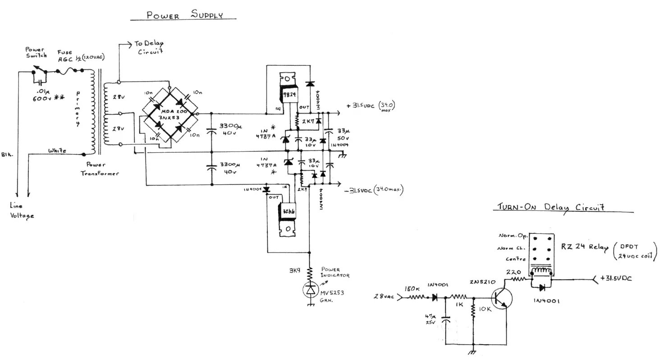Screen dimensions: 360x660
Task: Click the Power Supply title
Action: (184, 15)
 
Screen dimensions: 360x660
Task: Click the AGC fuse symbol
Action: (72, 70)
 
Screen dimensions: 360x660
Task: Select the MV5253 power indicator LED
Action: (310, 290)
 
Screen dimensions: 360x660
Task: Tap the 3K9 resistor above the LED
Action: (310, 273)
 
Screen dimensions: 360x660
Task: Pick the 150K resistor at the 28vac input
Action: (416, 297)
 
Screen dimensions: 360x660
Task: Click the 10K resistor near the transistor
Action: (473, 310)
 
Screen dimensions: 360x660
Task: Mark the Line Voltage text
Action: (22, 210)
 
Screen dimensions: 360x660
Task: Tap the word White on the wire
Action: (57, 150)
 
